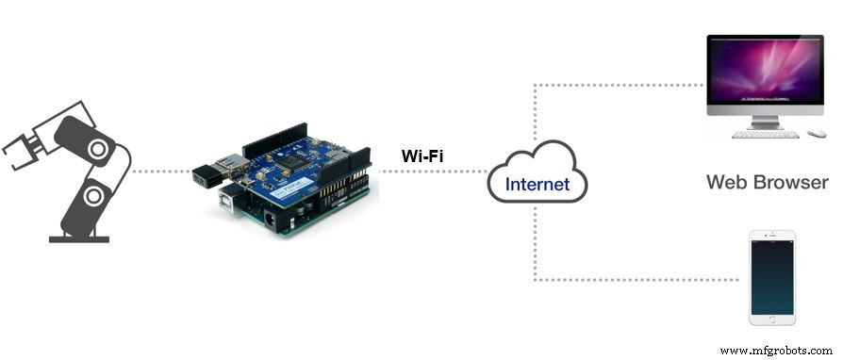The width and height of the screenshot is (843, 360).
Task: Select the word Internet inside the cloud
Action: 537,184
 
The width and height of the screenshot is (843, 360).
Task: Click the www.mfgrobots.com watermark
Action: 776,351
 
